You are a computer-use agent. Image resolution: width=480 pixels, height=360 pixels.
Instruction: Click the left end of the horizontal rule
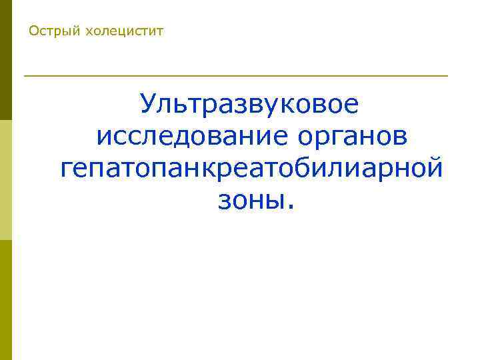click(x=25, y=76)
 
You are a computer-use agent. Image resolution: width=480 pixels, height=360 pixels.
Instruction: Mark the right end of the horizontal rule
click(x=447, y=76)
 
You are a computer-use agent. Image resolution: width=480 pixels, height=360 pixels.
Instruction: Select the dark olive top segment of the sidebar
click(x=5, y=60)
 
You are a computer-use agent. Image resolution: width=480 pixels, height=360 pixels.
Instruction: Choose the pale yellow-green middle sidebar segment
click(x=5, y=180)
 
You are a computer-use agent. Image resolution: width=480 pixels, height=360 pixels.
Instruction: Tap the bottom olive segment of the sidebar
click(x=5, y=300)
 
